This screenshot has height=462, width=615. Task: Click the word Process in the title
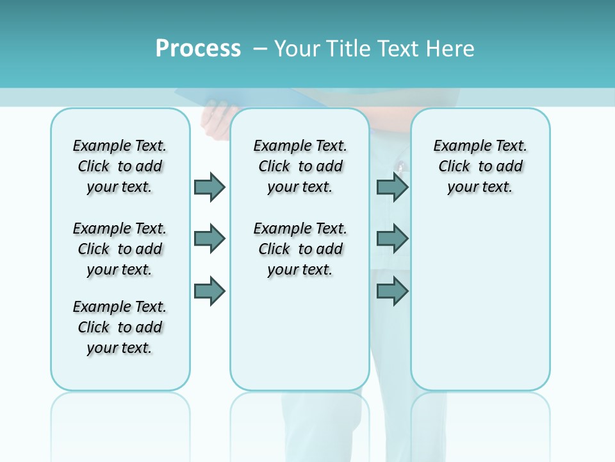point(198,48)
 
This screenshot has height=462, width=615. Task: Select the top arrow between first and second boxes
point(209,187)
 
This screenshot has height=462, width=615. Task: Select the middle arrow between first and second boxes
point(209,239)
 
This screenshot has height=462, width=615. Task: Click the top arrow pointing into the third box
point(392,187)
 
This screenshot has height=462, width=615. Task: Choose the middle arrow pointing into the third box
point(392,239)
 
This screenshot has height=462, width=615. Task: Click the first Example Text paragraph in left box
point(120,166)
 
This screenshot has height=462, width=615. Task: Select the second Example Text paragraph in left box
point(120,249)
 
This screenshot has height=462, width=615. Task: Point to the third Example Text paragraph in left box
point(120,327)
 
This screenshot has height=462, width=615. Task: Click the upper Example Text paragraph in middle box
point(300,166)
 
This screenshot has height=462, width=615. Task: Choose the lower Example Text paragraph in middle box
point(300,249)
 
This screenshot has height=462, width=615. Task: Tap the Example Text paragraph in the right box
point(480,166)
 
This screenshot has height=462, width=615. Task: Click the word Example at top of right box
point(458,146)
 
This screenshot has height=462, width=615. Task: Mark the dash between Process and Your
point(261,48)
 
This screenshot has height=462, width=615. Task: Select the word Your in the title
point(295,48)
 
